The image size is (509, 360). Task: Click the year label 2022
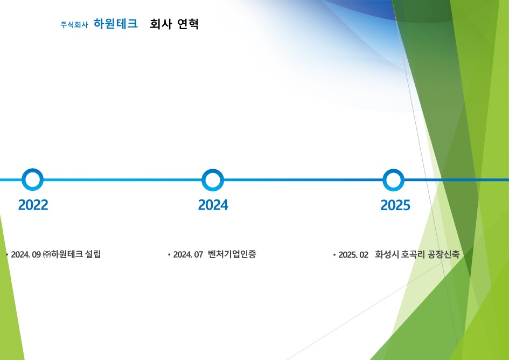tap(33, 205)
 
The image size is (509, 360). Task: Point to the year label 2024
tap(213, 205)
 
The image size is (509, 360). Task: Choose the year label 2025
tap(395, 205)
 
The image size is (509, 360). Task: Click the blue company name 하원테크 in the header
tap(116, 24)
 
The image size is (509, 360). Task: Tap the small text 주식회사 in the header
tap(74, 25)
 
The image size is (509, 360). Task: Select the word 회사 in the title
tap(161, 24)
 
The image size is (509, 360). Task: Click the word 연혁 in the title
tap(188, 24)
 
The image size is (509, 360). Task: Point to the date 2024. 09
tap(26, 254)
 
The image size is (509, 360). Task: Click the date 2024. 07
tap(188, 254)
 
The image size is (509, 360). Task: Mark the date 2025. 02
tap(353, 255)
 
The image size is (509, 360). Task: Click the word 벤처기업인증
tap(232, 254)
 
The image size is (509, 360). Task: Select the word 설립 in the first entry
tap(93, 254)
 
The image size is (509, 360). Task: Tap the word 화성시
tap(387, 254)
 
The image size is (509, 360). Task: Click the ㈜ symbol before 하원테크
tap(46, 254)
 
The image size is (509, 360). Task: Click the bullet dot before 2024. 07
tap(169, 255)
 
